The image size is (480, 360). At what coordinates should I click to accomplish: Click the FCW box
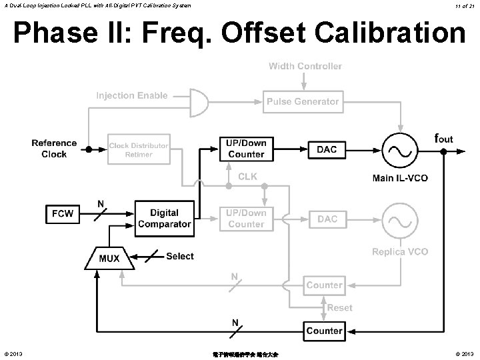[62, 214]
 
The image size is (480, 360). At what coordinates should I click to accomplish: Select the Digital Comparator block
[164, 218]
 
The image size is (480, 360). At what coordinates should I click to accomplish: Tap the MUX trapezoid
[109, 257]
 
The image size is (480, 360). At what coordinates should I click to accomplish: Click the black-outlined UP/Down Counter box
[246, 149]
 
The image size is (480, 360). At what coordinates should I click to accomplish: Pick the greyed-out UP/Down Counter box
[246, 218]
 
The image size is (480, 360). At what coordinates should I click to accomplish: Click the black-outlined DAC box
[327, 149]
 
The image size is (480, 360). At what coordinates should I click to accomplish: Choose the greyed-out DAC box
[327, 219]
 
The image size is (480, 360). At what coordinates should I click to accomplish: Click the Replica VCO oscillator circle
[400, 219]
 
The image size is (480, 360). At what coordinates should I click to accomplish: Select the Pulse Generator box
[303, 102]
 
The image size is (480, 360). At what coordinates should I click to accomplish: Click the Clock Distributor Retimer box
[139, 150]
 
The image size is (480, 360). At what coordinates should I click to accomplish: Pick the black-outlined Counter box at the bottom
[324, 331]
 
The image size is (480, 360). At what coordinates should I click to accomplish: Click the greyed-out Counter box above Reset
[324, 285]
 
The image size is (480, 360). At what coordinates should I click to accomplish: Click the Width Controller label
[305, 66]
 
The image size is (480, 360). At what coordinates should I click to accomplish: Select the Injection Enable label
[132, 95]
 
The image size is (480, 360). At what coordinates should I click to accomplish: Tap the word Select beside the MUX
[179, 256]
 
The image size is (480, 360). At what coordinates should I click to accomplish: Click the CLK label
[247, 177]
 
